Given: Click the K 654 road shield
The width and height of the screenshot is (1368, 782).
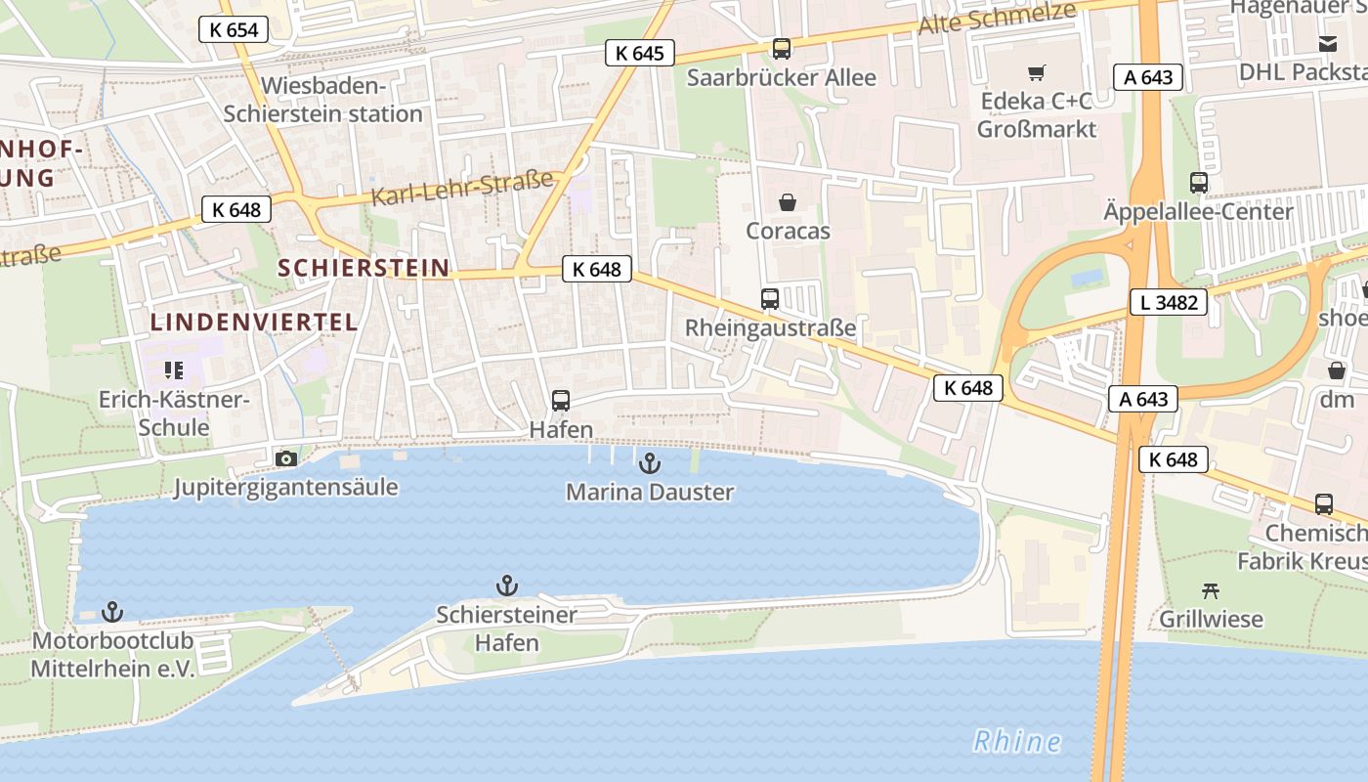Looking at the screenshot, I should pyautogui.click(x=235, y=29).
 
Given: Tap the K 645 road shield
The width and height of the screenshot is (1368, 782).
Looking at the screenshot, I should pyautogui.click(x=640, y=53).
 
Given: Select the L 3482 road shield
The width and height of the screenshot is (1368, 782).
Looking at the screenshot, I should pyautogui.click(x=1168, y=302).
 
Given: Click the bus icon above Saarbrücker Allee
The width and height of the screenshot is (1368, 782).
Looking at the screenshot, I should pyautogui.click(x=781, y=48).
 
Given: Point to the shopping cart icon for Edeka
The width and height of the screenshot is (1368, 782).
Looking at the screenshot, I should pyautogui.click(x=1036, y=72).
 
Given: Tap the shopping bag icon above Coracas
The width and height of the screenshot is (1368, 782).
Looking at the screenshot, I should pyautogui.click(x=787, y=202).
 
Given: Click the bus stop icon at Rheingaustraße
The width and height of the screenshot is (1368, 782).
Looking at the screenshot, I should pyautogui.click(x=770, y=298).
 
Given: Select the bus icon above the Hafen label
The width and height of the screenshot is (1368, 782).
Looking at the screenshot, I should pyautogui.click(x=561, y=400).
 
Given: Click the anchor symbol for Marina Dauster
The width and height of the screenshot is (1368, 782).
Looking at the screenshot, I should pyautogui.click(x=649, y=463).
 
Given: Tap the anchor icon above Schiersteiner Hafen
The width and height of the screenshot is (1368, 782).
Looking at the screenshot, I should pyautogui.click(x=506, y=586).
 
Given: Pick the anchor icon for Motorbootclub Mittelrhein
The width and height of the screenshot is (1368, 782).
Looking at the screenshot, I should pyautogui.click(x=113, y=612).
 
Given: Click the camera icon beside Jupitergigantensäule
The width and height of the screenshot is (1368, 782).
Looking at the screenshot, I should pyautogui.click(x=286, y=458).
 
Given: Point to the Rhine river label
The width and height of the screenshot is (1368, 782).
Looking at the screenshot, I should pyautogui.click(x=1017, y=741).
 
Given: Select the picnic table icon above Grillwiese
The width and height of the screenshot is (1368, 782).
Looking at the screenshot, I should pyautogui.click(x=1211, y=589).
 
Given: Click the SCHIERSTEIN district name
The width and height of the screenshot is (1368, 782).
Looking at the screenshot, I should pyautogui.click(x=363, y=268).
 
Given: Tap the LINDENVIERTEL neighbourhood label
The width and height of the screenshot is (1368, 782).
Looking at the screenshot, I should pyautogui.click(x=253, y=322).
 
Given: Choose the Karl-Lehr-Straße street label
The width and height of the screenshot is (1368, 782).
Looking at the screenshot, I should pyautogui.click(x=462, y=189).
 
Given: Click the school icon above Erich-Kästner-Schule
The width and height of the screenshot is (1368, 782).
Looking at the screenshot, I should pyautogui.click(x=174, y=369).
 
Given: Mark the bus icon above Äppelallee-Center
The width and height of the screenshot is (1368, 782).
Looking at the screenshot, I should pyautogui.click(x=1198, y=182).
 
